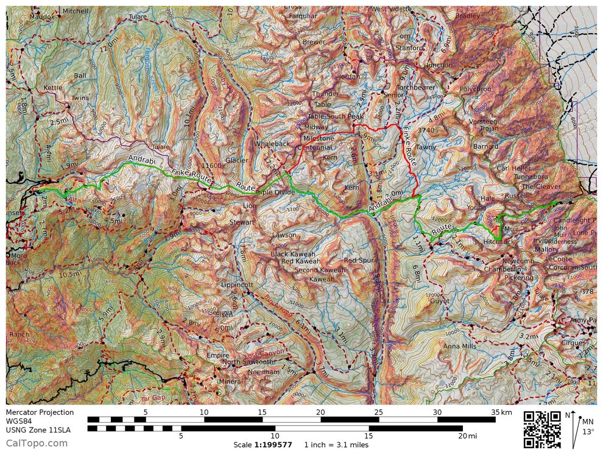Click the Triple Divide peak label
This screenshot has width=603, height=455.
point(276,192)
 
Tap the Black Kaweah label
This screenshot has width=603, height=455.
point(293,254)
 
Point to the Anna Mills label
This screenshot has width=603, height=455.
point(460,346)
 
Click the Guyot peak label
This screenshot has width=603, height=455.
point(440,301)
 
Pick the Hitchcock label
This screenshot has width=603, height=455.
point(498,242)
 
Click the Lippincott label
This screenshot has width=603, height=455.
point(237,284)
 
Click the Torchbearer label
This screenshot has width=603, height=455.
point(416,87)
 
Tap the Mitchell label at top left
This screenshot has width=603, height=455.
point(75,11)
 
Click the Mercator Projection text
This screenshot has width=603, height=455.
point(40,412)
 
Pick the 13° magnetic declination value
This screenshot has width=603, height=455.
point(588,432)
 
